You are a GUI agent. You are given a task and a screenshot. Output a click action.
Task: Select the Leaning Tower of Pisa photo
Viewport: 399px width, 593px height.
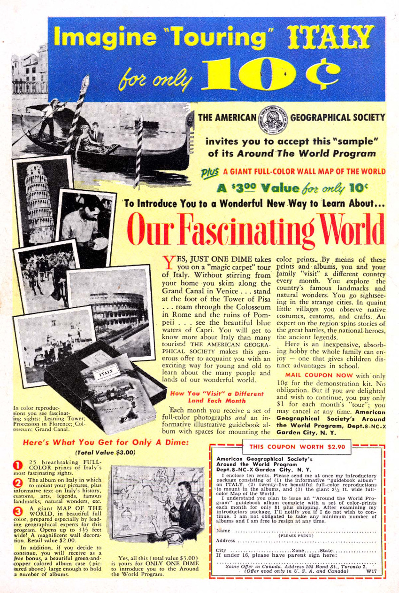pyautogui.click(x=40, y=197)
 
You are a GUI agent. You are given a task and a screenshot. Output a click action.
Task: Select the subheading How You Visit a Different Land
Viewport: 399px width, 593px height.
pyautogui.click(x=209, y=397)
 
